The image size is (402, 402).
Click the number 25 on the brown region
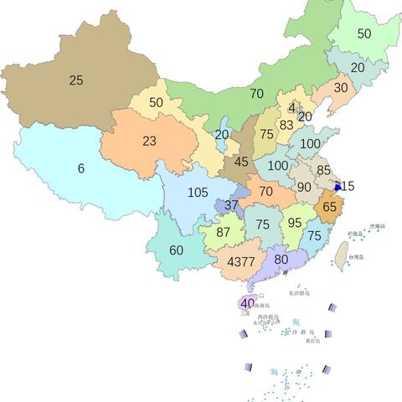[x=76, y=81]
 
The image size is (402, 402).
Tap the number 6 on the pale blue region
[x=81, y=168]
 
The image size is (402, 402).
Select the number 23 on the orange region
[x=149, y=141]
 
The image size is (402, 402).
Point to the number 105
[x=198, y=193]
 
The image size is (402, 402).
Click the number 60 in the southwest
[x=176, y=250]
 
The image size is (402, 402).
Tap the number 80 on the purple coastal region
[x=281, y=259]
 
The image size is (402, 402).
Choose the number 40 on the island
[x=247, y=303]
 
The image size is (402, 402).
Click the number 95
[x=294, y=223]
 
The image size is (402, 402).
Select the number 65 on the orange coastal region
[x=330, y=206]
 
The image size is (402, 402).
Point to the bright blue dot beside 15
[x=338, y=187]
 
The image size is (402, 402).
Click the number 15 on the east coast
[x=348, y=186]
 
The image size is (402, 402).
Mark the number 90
[x=304, y=187]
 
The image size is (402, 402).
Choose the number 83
[x=286, y=125]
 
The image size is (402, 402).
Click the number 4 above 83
[x=291, y=107]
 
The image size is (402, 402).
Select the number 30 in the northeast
[x=341, y=87]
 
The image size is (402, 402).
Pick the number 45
[x=241, y=162]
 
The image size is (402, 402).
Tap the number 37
[x=231, y=205]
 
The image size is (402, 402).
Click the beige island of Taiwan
[x=342, y=253]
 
